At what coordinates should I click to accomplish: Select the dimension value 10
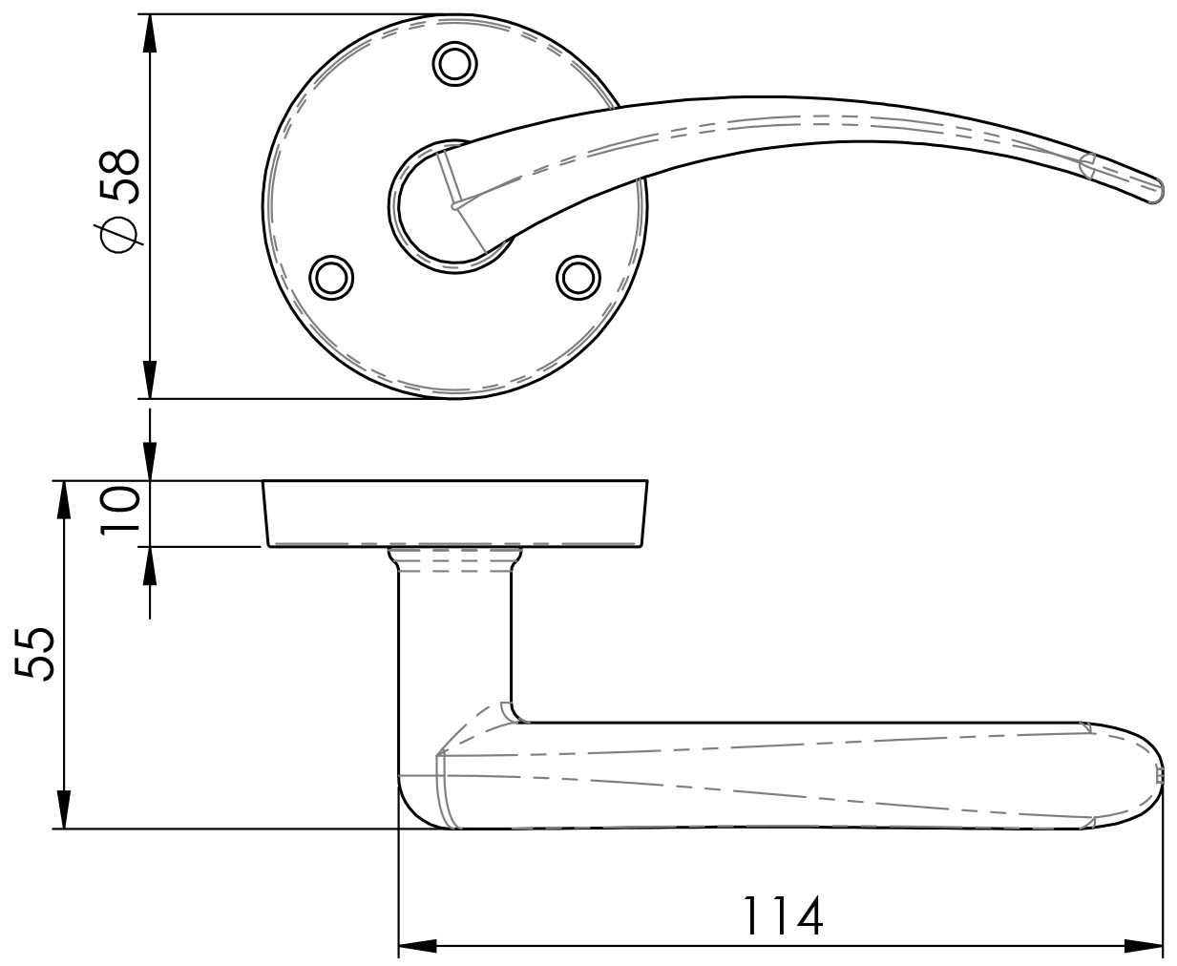point(122,513)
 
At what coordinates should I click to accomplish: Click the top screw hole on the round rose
point(454,64)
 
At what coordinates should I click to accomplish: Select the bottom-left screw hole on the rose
point(331,277)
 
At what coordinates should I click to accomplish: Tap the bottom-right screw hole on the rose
point(577,277)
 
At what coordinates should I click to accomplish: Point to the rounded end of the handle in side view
point(1145,775)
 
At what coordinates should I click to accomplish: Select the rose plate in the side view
point(454,513)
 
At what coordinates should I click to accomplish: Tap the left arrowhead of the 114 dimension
point(416,947)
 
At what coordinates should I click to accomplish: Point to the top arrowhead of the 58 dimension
point(149,33)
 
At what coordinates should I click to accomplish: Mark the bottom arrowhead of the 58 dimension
point(149,379)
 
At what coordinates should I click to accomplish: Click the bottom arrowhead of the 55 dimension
point(63,809)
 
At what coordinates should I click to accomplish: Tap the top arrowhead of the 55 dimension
point(63,500)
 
